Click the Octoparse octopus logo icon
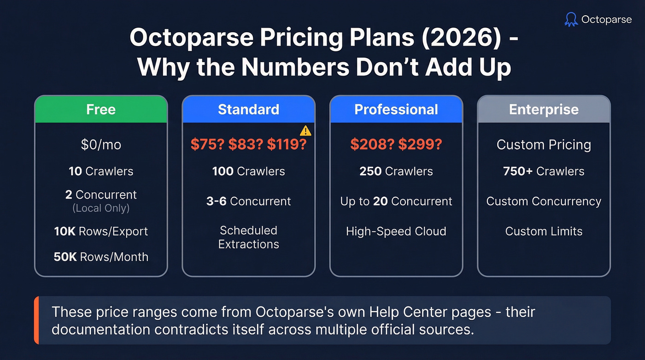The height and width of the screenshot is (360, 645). (x=571, y=19)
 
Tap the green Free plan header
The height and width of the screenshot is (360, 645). (x=101, y=110)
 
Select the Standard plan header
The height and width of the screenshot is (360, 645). (x=248, y=110)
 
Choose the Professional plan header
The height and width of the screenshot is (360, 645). (x=396, y=110)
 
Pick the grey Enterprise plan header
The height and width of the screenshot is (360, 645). (x=544, y=110)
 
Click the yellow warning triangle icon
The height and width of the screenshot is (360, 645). (x=305, y=131)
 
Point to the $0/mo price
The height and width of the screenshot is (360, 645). (x=101, y=145)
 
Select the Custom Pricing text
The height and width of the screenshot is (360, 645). (x=544, y=145)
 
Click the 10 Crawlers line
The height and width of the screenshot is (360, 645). (x=101, y=171)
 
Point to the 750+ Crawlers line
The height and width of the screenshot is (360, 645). (x=544, y=171)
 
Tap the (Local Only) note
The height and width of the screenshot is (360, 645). (x=101, y=208)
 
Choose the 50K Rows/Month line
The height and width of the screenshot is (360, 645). (x=101, y=257)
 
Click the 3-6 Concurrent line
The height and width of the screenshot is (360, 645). (x=248, y=201)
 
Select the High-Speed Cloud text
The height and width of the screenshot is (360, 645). (x=396, y=231)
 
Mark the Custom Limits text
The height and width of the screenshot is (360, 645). (x=544, y=231)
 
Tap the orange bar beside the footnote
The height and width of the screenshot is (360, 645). (x=36, y=320)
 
